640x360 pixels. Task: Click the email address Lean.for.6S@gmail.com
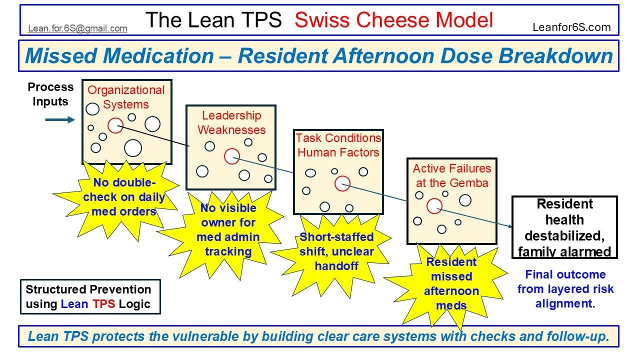tap(77, 28)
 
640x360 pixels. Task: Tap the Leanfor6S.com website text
tap(571, 27)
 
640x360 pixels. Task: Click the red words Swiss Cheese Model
tap(393, 20)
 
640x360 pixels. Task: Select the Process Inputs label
tap(50, 94)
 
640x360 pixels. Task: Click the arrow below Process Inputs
tap(59, 120)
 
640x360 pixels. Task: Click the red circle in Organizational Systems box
tap(115, 125)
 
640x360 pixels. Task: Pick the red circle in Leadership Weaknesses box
tap(231, 156)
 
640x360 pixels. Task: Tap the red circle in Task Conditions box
tap(342, 183)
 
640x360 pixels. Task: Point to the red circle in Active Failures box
tap(434, 205)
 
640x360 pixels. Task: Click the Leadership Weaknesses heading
tap(231, 123)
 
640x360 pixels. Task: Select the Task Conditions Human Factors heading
tap(338, 145)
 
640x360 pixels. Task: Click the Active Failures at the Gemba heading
tap(452, 175)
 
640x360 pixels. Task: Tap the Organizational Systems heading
tap(126, 97)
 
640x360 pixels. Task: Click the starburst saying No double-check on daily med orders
tap(123, 197)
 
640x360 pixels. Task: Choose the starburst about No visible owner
tap(227, 229)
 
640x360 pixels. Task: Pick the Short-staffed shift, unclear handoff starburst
tap(336, 251)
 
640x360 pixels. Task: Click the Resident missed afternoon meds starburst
tap(451, 283)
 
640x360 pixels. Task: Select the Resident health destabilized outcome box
tap(564, 227)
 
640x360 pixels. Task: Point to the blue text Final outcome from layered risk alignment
tap(565, 289)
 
